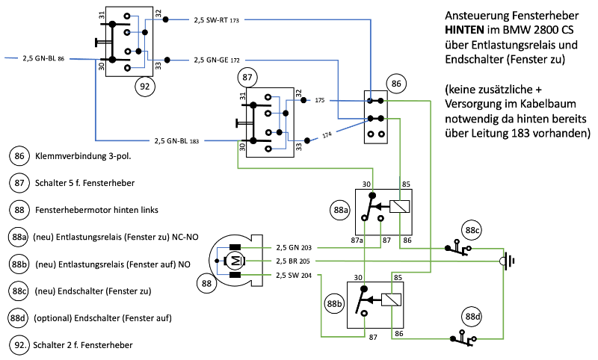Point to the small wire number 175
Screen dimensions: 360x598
coord(320,99)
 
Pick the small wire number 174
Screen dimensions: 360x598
coord(326,134)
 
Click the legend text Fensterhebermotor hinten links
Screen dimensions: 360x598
coord(96,210)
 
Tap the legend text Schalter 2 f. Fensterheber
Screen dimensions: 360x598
coord(84,344)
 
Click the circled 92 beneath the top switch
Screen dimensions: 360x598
coord(145,86)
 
